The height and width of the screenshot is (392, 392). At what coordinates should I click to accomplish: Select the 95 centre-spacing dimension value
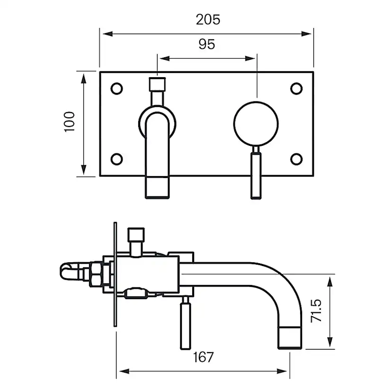(x=206, y=45)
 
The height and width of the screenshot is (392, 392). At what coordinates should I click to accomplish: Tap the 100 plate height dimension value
(x=70, y=122)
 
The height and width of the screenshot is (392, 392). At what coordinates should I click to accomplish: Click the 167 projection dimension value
(x=203, y=357)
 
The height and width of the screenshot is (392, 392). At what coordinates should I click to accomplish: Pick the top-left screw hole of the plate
(x=116, y=89)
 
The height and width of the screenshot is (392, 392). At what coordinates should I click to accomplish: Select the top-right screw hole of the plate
(x=296, y=89)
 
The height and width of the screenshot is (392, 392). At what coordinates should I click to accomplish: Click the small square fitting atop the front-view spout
(x=157, y=84)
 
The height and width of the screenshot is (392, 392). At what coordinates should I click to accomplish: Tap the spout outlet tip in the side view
(x=289, y=336)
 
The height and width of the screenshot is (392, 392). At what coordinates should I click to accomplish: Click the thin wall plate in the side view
(x=115, y=275)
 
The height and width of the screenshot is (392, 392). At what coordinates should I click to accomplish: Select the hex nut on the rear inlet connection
(x=98, y=274)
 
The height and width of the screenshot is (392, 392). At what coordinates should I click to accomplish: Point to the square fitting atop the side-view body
(x=136, y=235)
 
